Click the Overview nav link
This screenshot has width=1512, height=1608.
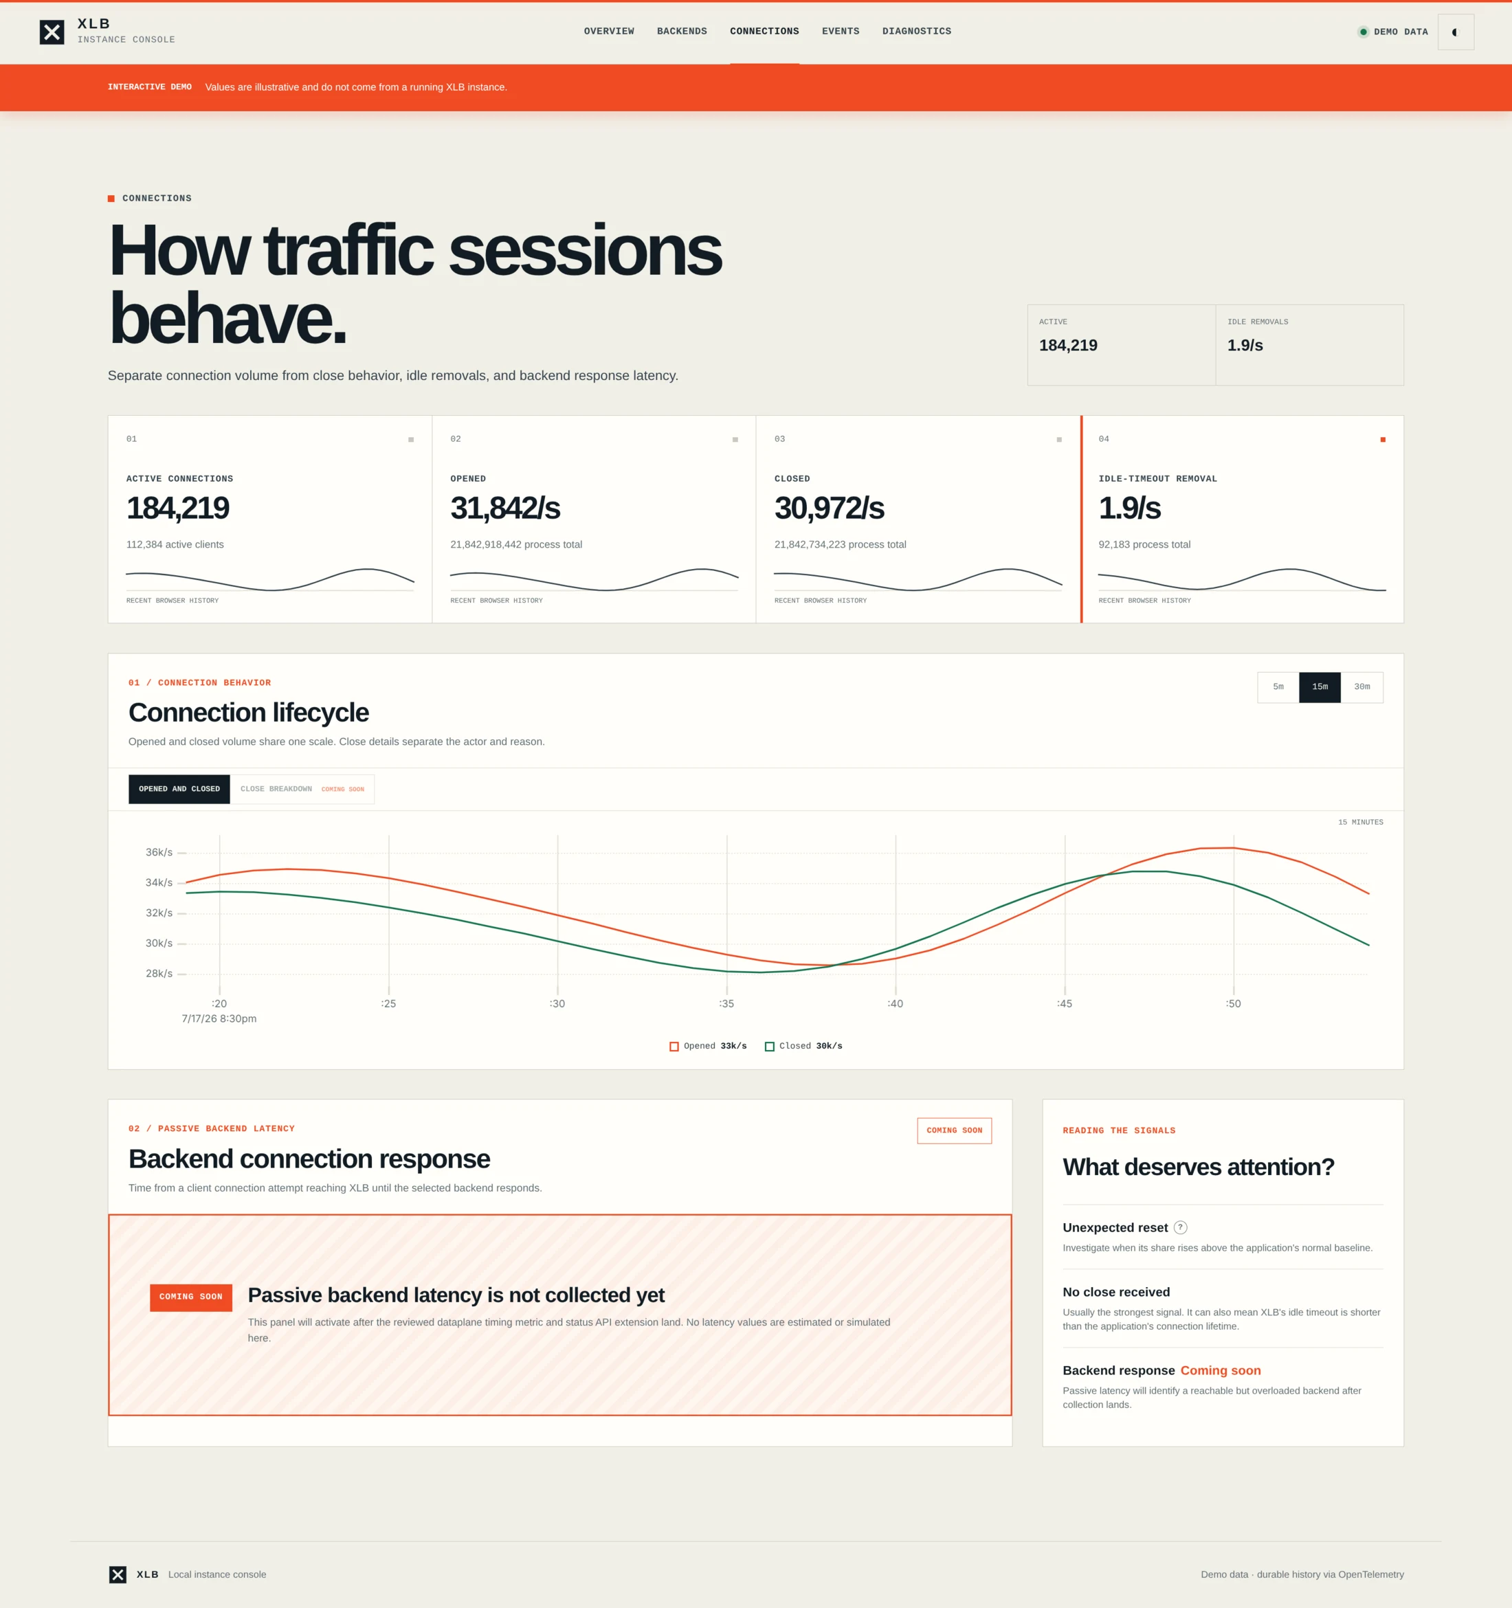click(x=608, y=32)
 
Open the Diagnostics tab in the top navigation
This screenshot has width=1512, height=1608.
click(x=917, y=32)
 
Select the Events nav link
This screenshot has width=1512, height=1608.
click(x=841, y=32)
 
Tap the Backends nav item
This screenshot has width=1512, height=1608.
click(x=682, y=32)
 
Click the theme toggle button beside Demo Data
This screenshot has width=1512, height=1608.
click(x=1456, y=32)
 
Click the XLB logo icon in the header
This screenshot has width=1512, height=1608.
click(x=52, y=32)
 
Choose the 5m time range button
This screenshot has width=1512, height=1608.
click(x=1278, y=686)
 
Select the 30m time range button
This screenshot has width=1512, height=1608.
click(x=1362, y=686)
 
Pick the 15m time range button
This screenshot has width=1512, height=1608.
click(x=1320, y=686)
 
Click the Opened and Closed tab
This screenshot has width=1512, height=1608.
click(x=179, y=789)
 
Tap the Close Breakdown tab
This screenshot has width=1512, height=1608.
click(x=302, y=789)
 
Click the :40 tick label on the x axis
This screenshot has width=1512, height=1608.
click(x=895, y=1004)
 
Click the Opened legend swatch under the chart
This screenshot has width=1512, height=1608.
click(x=674, y=1047)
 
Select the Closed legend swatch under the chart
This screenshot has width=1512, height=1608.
click(x=769, y=1047)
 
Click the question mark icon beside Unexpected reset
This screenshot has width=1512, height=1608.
click(x=1180, y=1227)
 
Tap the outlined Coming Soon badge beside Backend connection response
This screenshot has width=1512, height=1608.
click(x=954, y=1131)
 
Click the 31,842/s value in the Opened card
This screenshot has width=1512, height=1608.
click(x=505, y=508)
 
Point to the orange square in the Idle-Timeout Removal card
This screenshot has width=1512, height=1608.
click(x=1383, y=439)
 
